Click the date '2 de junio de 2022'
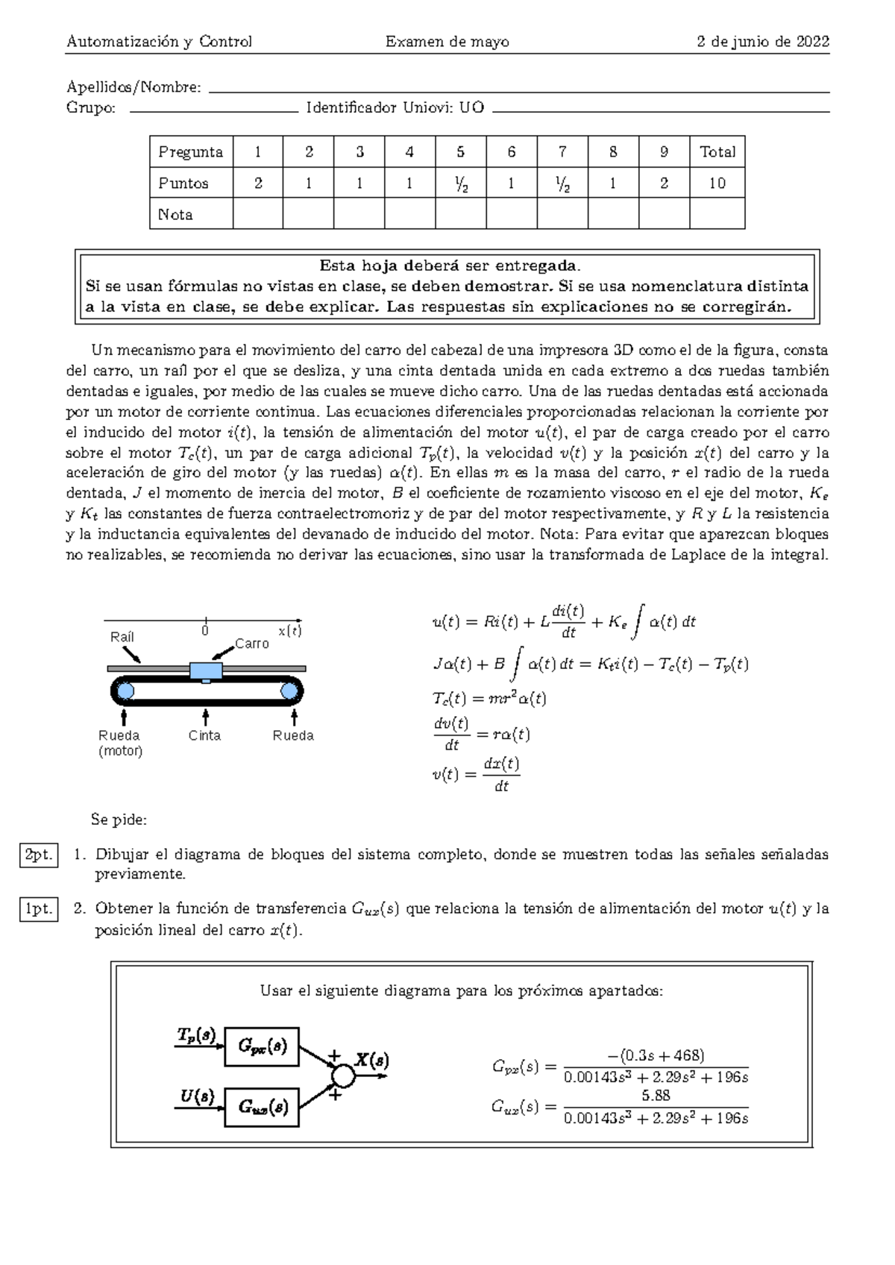click(x=762, y=42)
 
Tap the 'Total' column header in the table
click(x=717, y=152)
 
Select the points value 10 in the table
click(x=717, y=183)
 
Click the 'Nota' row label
click(x=175, y=215)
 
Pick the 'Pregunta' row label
click(x=190, y=152)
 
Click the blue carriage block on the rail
click(x=206, y=671)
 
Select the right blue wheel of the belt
click(x=289, y=691)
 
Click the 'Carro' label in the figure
click(x=251, y=644)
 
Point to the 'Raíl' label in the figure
click(x=122, y=637)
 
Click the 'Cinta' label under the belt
click(x=204, y=735)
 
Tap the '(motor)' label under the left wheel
click(x=120, y=751)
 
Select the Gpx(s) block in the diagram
click(x=262, y=1046)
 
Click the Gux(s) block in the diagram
click(x=262, y=1107)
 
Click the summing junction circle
click(x=342, y=1076)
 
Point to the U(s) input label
click(x=198, y=1096)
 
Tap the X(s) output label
click(x=371, y=1060)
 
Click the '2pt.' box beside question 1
click(x=39, y=855)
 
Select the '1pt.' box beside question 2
click(x=39, y=909)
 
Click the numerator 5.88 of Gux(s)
click(x=656, y=1096)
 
